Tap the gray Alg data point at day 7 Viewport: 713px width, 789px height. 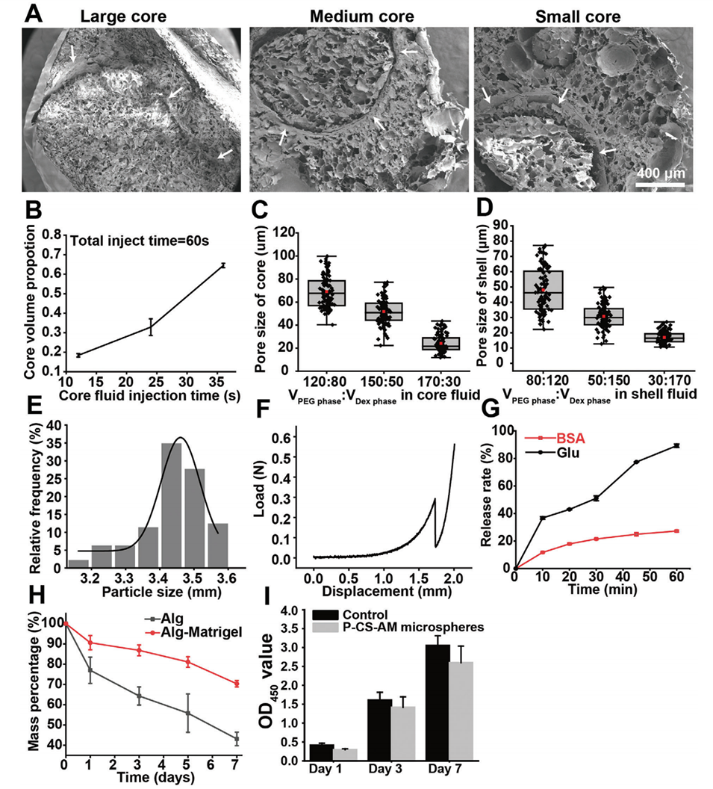tap(237, 738)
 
